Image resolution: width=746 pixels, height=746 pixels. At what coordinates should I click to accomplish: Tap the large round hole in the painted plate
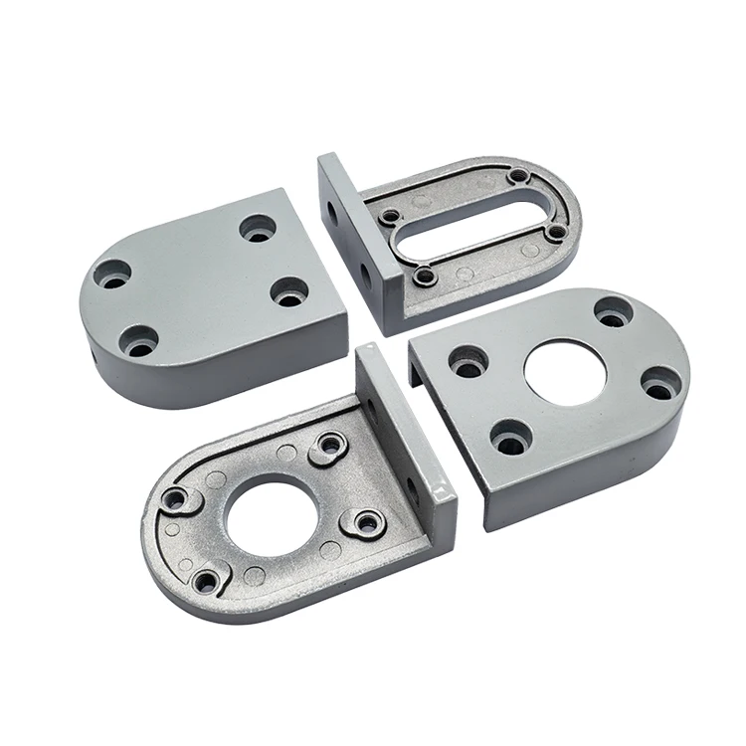pyautogui.click(x=564, y=371)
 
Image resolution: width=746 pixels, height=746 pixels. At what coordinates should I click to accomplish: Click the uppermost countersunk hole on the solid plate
pyautogui.click(x=259, y=229)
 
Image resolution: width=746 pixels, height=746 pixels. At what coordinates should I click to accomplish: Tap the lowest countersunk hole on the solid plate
pyautogui.click(x=139, y=341)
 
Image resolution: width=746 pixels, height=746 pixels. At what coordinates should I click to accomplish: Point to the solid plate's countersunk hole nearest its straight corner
pyautogui.click(x=290, y=292)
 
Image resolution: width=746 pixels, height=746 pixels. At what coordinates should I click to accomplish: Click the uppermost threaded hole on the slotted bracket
pyautogui.click(x=518, y=177)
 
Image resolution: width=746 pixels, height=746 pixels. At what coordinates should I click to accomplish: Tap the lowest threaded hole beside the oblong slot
pyautogui.click(x=424, y=276)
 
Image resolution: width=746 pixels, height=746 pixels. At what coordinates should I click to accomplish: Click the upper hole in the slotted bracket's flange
pyautogui.click(x=331, y=210)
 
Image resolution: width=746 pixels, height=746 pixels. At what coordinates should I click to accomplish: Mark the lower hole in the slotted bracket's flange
pyautogui.click(x=364, y=271)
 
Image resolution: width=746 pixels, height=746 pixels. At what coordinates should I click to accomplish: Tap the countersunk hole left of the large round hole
pyautogui.click(x=468, y=362)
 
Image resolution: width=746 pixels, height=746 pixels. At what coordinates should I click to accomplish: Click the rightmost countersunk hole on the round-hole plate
pyautogui.click(x=661, y=383)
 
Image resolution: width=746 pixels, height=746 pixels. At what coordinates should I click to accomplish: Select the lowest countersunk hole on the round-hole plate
pyautogui.click(x=511, y=437)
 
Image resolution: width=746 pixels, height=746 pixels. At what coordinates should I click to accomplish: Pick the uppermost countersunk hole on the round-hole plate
pyautogui.click(x=614, y=311)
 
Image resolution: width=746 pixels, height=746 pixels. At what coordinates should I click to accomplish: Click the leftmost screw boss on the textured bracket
pyautogui.click(x=176, y=499)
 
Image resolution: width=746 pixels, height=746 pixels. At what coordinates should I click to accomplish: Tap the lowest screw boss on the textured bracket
pyautogui.click(x=207, y=581)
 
